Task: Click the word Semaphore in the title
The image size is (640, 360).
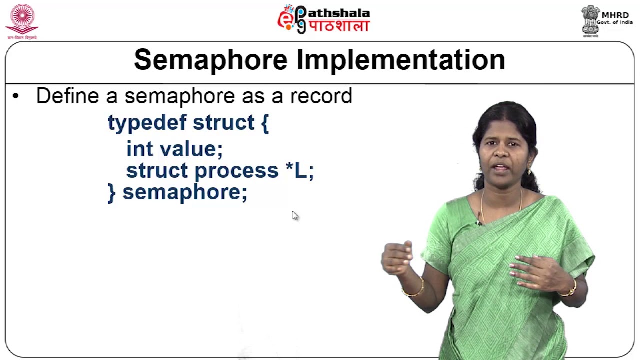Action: point(211,60)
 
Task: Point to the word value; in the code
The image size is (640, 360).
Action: point(191,149)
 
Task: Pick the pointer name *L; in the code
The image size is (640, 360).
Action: point(300,171)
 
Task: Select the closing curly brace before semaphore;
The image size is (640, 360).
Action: point(111,193)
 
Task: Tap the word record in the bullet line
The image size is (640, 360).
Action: point(321,96)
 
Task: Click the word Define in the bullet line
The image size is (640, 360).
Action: point(67,96)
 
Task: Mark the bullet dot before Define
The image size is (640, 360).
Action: point(16,96)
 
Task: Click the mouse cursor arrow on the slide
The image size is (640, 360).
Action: point(295,215)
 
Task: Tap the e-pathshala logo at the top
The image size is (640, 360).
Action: point(323,19)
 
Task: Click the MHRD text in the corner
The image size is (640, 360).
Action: point(615,15)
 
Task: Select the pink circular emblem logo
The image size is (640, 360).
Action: point(22,19)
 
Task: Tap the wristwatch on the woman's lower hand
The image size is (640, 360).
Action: point(571,288)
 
